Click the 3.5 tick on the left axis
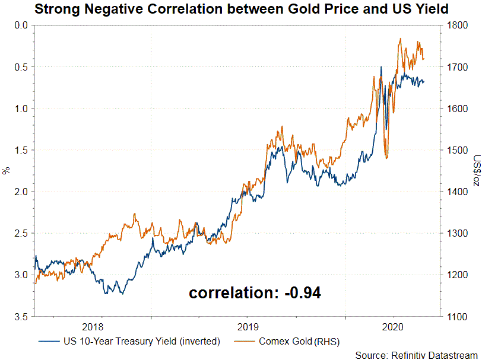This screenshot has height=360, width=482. (22, 317)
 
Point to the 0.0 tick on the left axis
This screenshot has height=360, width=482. (22, 25)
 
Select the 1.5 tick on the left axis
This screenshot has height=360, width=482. (22, 150)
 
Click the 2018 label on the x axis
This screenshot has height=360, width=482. (93, 327)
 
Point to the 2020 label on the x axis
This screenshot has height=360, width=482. (394, 327)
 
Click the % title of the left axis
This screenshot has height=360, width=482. (7, 171)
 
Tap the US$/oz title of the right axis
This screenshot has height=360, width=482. (476, 171)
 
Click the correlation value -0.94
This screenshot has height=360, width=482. (300, 292)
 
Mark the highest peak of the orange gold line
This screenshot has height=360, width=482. (400, 39)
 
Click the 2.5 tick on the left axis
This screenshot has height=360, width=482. (22, 233)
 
